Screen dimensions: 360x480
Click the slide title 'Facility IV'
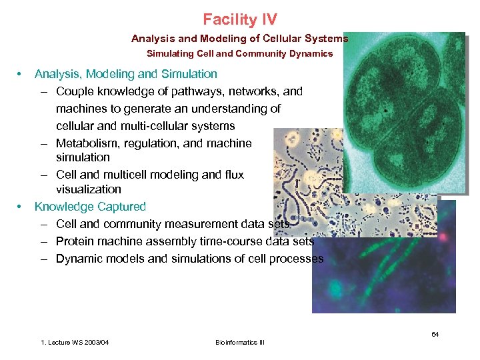(240, 19)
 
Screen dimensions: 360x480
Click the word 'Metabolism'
(83, 143)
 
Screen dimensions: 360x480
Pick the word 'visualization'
(89, 189)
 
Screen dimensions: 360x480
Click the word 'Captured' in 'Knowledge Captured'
(122, 207)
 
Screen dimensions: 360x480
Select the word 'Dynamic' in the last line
(78, 259)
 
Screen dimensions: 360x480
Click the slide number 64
(435, 334)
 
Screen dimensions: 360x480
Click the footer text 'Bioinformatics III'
(240, 343)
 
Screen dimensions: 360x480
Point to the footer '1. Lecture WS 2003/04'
(75, 343)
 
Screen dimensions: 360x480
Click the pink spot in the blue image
(443, 236)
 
